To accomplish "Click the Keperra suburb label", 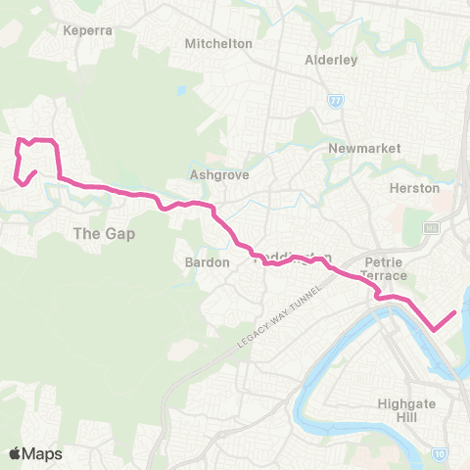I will (x=88, y=30).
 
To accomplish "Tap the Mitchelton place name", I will (x=219, y=44).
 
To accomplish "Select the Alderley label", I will (x=331, y=59).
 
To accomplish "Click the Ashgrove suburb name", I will (x=219, y=175).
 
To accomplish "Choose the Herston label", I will (x=414, y=188).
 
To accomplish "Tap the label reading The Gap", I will (x=104, y=234).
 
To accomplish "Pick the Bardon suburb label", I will (x=207, y=262).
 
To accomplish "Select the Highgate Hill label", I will (x=404, y=410).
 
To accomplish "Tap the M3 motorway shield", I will (x=430, y=228).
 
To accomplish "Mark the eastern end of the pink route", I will (x=455, y=313).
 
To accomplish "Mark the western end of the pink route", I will (x=35, y=173).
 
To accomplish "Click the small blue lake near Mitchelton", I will (x=182, y=91).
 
